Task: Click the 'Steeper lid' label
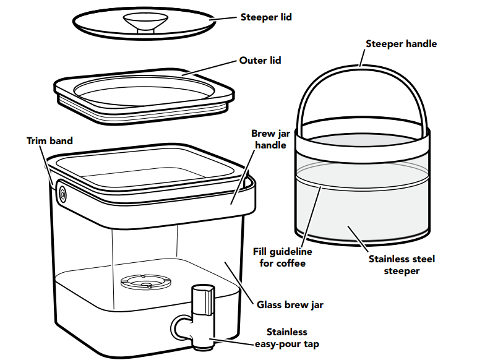[265, 17]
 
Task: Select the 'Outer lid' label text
[260, 61]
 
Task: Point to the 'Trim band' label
[49, 140]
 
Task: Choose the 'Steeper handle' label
[401, 44]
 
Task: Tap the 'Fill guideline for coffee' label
[283, 257]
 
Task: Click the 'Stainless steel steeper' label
[402, 264]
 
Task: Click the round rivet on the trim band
[62, 194]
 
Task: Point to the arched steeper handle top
[362, 66]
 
